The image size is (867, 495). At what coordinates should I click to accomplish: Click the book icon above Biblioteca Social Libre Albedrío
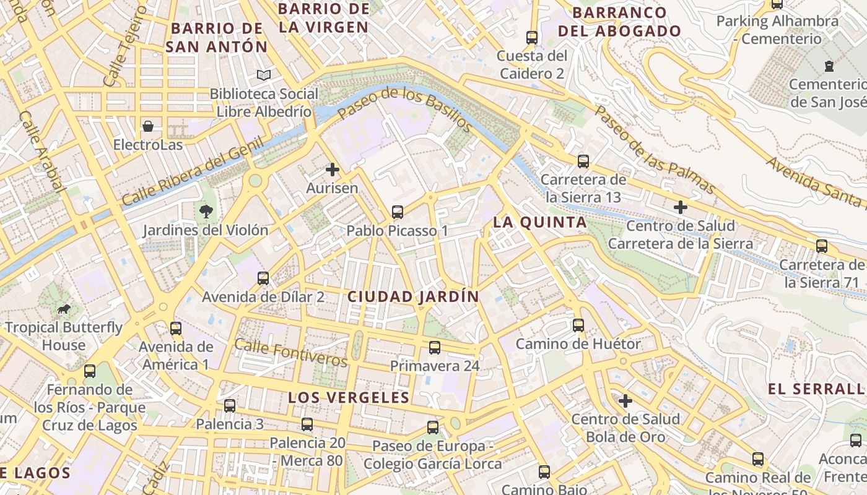(264, 75)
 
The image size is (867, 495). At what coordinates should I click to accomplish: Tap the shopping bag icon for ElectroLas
(148, 126)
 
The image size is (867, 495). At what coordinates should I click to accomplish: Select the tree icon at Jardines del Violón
(205, 212)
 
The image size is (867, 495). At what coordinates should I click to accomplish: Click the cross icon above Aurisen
(333, 169)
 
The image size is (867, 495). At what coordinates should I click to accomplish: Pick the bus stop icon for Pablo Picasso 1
(398, 212)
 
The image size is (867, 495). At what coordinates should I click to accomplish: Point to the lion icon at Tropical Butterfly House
(64, 309)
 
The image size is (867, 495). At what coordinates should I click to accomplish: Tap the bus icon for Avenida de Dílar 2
(263, 278)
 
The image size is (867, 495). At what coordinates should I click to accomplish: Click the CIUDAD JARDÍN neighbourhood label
(413, 297)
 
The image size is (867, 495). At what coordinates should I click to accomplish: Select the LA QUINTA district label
(539, 223)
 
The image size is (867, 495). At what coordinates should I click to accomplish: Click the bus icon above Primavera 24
(435, 347)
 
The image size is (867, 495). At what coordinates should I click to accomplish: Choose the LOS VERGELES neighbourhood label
(349, 398)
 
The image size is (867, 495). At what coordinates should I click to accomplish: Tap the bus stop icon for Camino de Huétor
(578, 325)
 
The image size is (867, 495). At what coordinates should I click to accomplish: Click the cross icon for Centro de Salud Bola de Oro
(625, 401)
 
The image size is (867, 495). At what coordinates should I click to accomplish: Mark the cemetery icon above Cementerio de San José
(829, 66)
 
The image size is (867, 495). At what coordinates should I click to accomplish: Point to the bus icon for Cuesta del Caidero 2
(532, 37)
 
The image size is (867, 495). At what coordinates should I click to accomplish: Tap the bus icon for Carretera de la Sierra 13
(583, 161)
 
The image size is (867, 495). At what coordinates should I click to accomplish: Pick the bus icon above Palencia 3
(230, 406)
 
